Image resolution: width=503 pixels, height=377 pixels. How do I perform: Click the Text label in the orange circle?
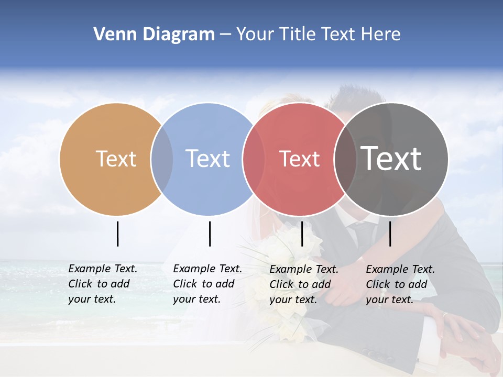pos(116,159)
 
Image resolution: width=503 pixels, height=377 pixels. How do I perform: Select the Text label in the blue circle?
pos(207,159)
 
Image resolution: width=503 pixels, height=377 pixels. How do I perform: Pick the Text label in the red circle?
pos(299,159)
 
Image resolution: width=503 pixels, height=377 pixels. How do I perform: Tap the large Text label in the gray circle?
pos(391,159)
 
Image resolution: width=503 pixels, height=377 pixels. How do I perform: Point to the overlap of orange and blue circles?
pos(162,159)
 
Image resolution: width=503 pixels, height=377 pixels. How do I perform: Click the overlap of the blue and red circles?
pos(254,159)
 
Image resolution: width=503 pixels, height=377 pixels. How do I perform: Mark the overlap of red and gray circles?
pos(345,159)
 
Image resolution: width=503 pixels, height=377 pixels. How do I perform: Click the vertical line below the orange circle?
pos(117,234)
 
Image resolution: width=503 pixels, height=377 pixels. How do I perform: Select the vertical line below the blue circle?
pos(210,234)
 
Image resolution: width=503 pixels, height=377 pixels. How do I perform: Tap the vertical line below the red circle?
pos(302,234)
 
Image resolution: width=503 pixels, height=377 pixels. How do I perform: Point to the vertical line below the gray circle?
pos(390,234)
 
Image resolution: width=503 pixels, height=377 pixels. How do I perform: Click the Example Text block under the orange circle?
pos(103,284)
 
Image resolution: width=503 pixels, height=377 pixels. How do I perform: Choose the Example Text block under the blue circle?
pos(207,284)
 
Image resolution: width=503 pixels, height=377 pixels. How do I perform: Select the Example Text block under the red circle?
pos(304,284)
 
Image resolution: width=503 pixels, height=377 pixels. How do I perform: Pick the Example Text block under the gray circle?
pos(400,284)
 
